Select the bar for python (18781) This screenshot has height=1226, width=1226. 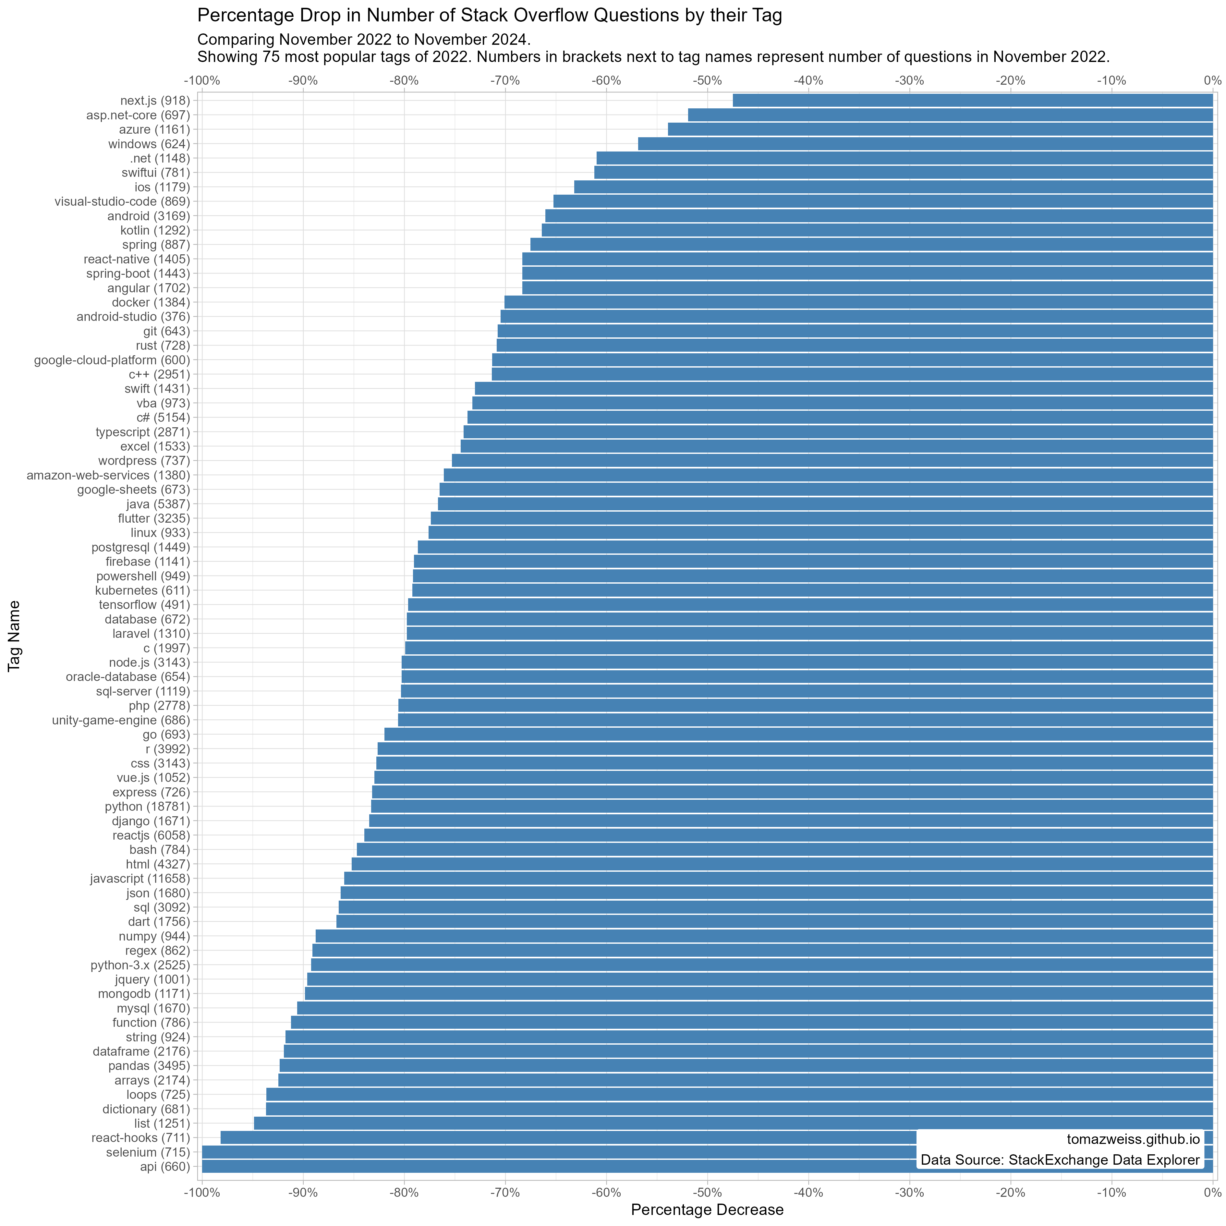(x=791, y=807)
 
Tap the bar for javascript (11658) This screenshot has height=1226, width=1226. (x=778, y=878)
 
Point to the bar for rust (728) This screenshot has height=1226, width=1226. (x=854, y=345)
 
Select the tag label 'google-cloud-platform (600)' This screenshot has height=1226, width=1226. (x=112, y=360)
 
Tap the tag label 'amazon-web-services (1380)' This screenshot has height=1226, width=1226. (x=108, y=475)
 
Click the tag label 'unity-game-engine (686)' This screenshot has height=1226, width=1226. (x=121, y=720)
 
